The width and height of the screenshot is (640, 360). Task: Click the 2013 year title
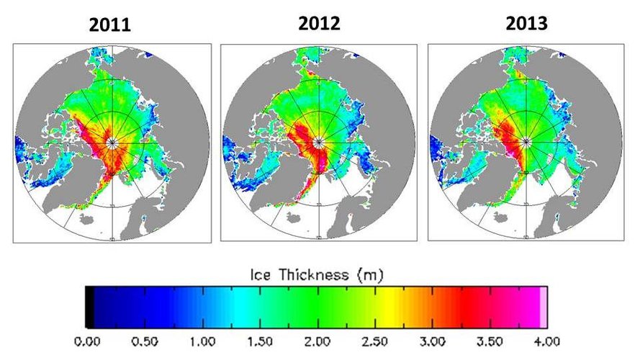[x=526, y=24]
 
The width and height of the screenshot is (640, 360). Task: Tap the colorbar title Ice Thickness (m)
[x=318, y=274]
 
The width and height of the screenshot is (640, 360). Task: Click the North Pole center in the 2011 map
[x=112, y=143]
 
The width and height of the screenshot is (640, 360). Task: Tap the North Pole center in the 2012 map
[x=319, y=142]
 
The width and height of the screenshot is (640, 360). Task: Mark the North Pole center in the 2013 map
[x=526, y=141]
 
